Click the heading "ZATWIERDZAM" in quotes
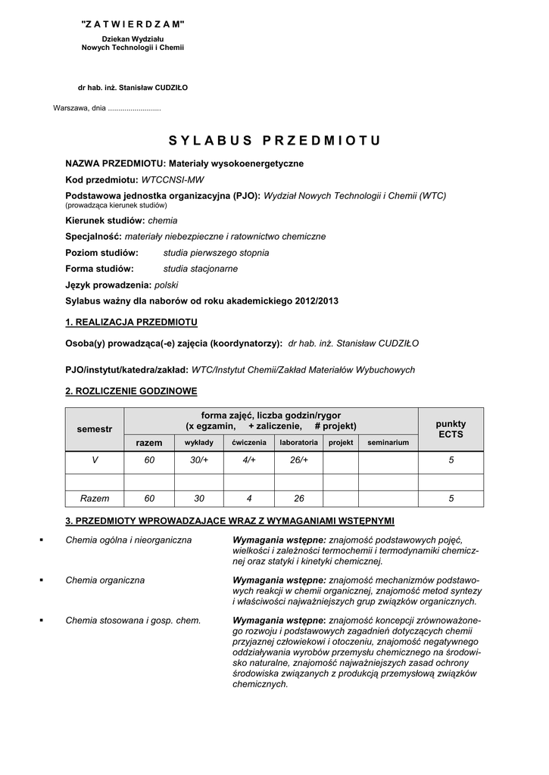coord(133,25)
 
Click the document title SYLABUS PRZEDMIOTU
coord(274,140)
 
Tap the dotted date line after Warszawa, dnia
coord(134,107)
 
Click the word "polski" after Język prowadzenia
coord(166,285)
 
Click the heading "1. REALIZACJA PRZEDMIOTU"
coord(131,322)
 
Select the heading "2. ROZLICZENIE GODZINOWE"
coord(131,391)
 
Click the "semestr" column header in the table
coord(95,429)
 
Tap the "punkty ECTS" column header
coord(451,429)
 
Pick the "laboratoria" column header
coord(298,442)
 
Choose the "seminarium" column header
coord(388,442)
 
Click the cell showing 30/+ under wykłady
coord(199,460)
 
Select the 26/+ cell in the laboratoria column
coord(298,460)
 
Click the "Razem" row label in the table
coord(95,499)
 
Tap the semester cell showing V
coord(95,460)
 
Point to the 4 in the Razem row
coord(249,499)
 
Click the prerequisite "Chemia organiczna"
coord(105,580)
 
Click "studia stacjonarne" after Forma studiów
coord(201,269)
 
